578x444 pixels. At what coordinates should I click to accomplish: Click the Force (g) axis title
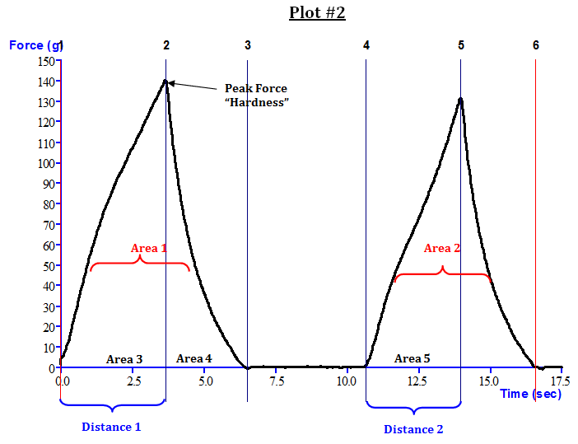click(33, 45)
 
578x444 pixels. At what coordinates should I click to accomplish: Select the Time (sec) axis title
click(531, 394)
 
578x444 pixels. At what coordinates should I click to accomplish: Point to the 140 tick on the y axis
click(45, 82)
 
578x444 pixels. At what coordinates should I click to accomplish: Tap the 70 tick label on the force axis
click(48, 225)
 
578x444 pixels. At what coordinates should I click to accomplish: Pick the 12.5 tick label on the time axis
click(417, 382)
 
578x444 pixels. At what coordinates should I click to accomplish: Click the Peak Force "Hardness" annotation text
click(257, 95)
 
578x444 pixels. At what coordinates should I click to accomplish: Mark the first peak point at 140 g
click(165, 82)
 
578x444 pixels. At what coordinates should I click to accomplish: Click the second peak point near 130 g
click(460, 100)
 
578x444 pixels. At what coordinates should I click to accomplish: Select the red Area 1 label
click(149, 248)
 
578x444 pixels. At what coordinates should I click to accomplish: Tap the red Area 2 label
click(442, 248)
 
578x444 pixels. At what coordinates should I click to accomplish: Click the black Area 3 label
click(124, 359)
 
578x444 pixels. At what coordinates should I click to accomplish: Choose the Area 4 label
click(194, 358)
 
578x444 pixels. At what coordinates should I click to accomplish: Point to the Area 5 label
click(413, 358)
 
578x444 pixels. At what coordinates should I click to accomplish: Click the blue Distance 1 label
click(111, 427)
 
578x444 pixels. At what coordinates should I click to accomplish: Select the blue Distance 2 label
click(413, 429)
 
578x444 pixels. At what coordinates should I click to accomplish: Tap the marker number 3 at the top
click(248, 45)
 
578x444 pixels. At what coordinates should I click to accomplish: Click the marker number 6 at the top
click(536, 45)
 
